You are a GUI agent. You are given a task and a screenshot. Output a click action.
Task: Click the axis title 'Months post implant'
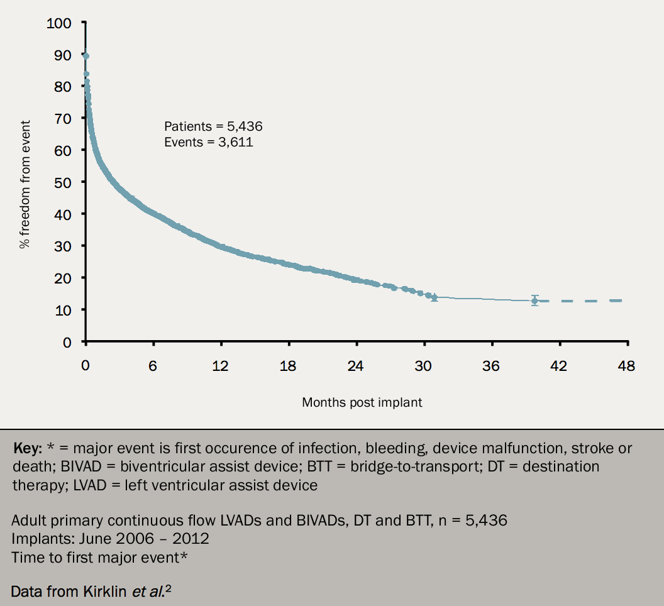click(362, 402)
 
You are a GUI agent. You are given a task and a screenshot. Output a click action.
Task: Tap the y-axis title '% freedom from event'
click(25, 182)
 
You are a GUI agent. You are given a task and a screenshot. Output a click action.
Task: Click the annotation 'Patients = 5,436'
click(213, 126)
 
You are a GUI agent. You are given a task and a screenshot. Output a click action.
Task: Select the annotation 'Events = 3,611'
click(208, 142)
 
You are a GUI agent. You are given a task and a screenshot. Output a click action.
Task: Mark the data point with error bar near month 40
click(534, 301)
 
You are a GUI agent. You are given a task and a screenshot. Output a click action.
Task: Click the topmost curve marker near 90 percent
click(86, 56)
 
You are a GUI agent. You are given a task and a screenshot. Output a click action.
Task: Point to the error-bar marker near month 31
click(434, 297)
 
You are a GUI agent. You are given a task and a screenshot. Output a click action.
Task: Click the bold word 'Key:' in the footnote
click(28, 449)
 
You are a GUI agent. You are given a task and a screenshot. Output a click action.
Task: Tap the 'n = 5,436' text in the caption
click(470, 521)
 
